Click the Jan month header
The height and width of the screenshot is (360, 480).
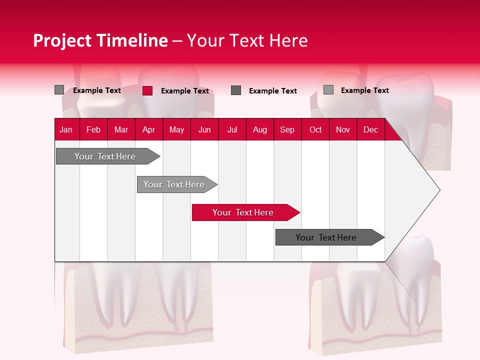[x=66, y=129]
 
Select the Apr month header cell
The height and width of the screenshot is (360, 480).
[x=148, y=129]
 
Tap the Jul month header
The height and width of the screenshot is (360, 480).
[x=232, y=129]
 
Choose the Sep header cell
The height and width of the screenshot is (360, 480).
[x=287, y=129]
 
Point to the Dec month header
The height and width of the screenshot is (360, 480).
[x=370, y=129]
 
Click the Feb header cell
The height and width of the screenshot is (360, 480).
[x=93, y=129]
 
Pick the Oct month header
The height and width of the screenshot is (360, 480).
[x=315, y=129]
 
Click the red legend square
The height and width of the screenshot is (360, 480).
[x=147, y=90]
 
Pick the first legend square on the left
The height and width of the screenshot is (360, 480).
[x=59, y=90]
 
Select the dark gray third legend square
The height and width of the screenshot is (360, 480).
[x=236, y=90]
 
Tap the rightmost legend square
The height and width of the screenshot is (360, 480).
[x=328, y=90]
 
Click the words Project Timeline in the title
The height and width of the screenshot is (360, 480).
[x=100, y=40]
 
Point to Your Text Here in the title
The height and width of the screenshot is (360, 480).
[x=247, y=40]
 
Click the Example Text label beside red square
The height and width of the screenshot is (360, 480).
[x=184, y=91]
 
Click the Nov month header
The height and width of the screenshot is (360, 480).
[x=343, y=129]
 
